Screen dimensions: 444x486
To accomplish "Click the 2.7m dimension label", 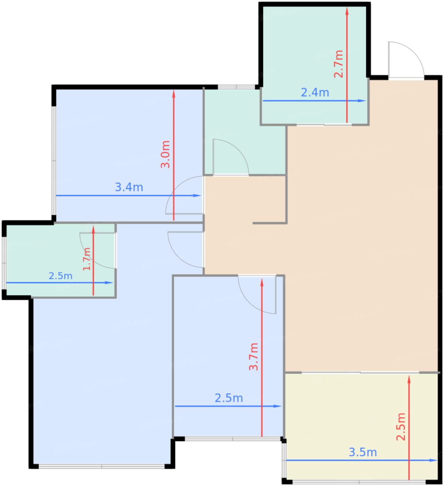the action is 338,64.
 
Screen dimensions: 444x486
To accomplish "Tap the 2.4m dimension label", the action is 315,93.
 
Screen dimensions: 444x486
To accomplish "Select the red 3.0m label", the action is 165,154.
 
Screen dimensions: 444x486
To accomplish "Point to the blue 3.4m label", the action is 129,187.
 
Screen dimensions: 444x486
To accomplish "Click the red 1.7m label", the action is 86,259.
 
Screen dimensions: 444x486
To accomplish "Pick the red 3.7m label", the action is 253,357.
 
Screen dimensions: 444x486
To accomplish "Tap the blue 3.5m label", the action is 362,452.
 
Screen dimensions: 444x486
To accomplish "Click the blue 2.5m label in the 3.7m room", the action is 228,398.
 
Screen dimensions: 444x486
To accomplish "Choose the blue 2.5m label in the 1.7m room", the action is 61,276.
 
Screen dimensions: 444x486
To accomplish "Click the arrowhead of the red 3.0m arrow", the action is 174,94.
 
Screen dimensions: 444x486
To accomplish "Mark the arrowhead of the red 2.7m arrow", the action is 347,11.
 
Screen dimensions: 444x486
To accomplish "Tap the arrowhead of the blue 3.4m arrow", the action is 197,195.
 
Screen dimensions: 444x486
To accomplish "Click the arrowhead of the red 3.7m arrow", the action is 262,282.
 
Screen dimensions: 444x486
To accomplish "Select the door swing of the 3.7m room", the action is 257,294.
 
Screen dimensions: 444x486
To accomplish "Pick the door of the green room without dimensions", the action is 231,157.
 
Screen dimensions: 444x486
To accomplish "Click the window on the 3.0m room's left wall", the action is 54,160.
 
